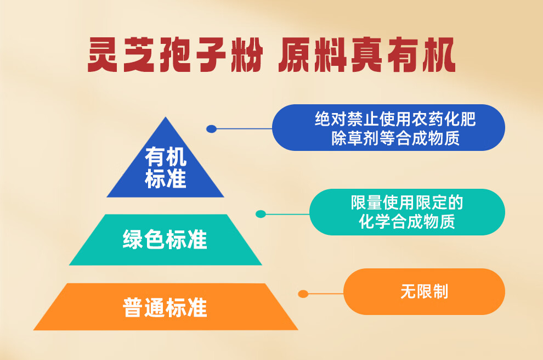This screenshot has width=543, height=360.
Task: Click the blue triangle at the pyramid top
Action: [x=166, y=166]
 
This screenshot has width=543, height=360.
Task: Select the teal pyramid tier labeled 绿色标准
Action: [x=166, y=240]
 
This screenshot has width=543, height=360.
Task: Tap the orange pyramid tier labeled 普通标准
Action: [x=166, y=307]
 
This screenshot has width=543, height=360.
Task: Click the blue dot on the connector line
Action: [x=211, y=129]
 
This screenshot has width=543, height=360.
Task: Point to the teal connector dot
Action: [x=261, y=214]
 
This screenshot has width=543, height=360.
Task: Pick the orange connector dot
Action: [x=303, y=294]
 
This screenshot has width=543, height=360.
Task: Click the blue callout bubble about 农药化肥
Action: [x=388, y=127]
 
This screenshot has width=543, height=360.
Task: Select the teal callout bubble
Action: [x=407, y=212]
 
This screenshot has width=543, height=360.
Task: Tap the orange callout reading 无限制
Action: [x=424, y=291]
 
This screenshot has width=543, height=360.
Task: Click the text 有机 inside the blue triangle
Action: [x=166, y=156]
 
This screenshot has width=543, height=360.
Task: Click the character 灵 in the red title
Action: [x=103, y=54]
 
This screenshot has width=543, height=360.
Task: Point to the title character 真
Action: [x=366, y=54]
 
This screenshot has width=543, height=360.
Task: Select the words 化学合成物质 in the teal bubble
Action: [x=407, y=221]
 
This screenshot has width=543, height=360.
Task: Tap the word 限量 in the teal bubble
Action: [x=366, y=203]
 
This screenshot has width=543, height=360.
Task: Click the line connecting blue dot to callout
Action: [x=244, y=129]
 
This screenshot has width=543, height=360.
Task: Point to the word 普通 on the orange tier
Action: [x=144, y=307]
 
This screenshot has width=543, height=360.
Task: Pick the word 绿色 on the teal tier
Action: [x=144, y=239]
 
